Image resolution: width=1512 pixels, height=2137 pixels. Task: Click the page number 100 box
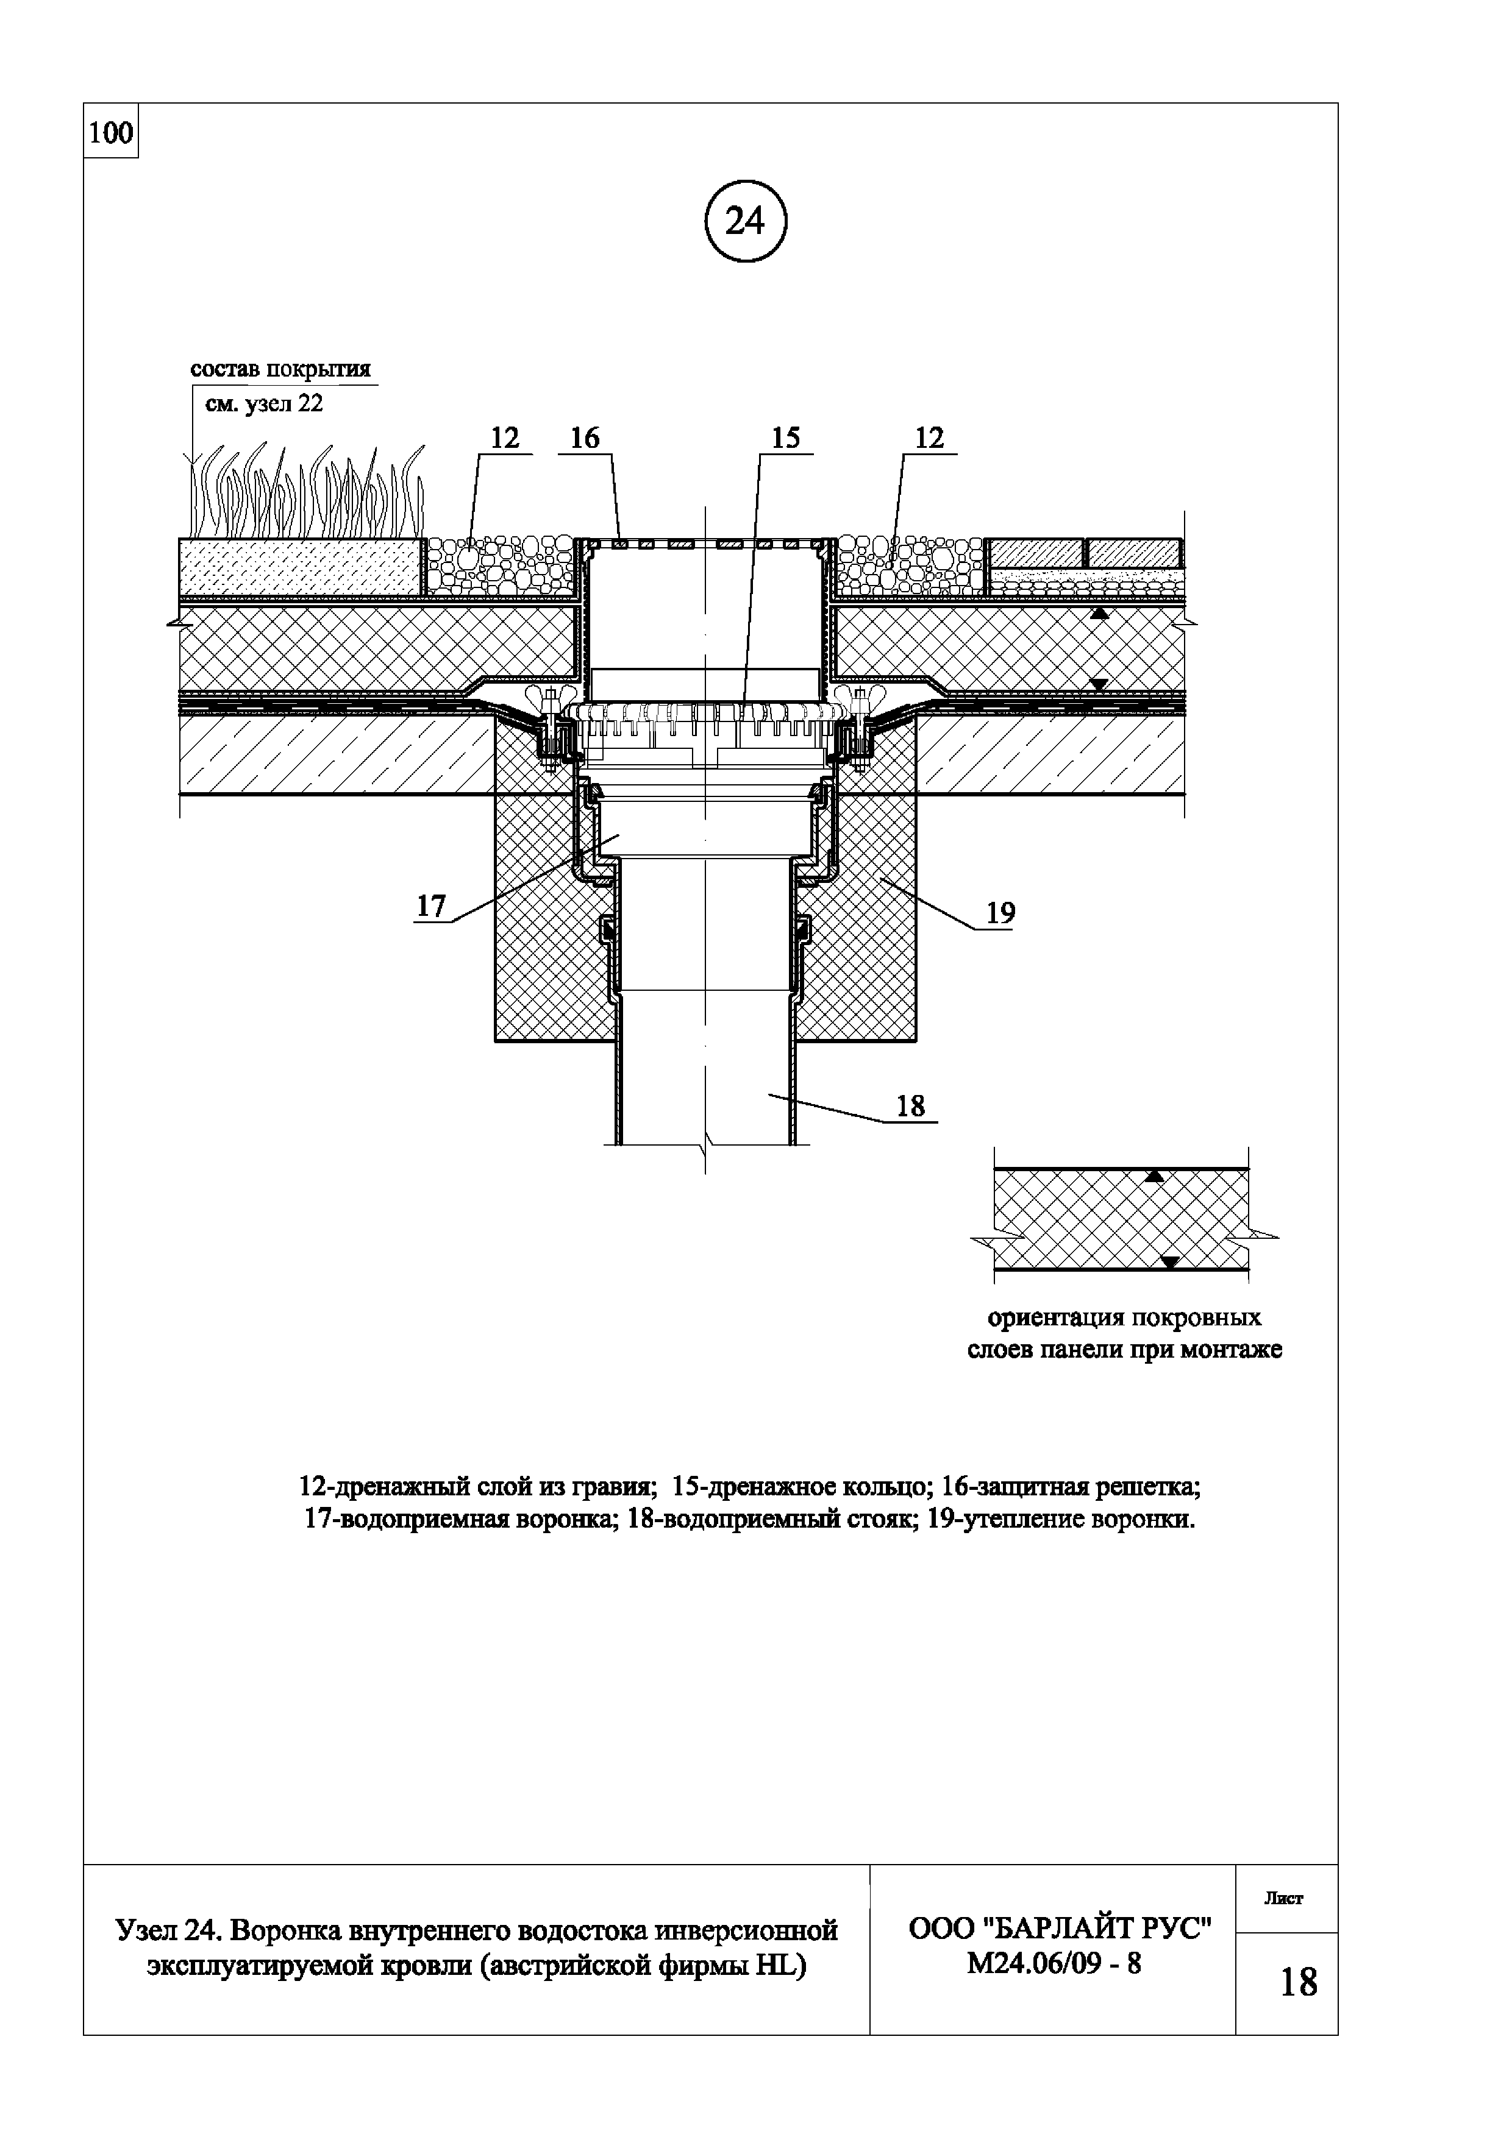tap(111, 133)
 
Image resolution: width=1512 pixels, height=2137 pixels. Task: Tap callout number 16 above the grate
tap(585, 438)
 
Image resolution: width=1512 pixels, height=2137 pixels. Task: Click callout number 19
tap(1000, 913)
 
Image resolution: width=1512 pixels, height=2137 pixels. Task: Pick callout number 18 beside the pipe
tap(910, 1106)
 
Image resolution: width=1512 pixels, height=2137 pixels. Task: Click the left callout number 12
tap(504, 438)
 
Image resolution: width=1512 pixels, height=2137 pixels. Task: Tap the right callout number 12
tap(929, 438)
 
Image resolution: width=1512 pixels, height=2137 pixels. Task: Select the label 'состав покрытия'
tap(280, 369)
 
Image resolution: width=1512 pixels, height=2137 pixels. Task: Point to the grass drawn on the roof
tap(307, 494)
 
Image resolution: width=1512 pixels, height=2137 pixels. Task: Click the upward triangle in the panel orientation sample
tap(1155, 1177)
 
